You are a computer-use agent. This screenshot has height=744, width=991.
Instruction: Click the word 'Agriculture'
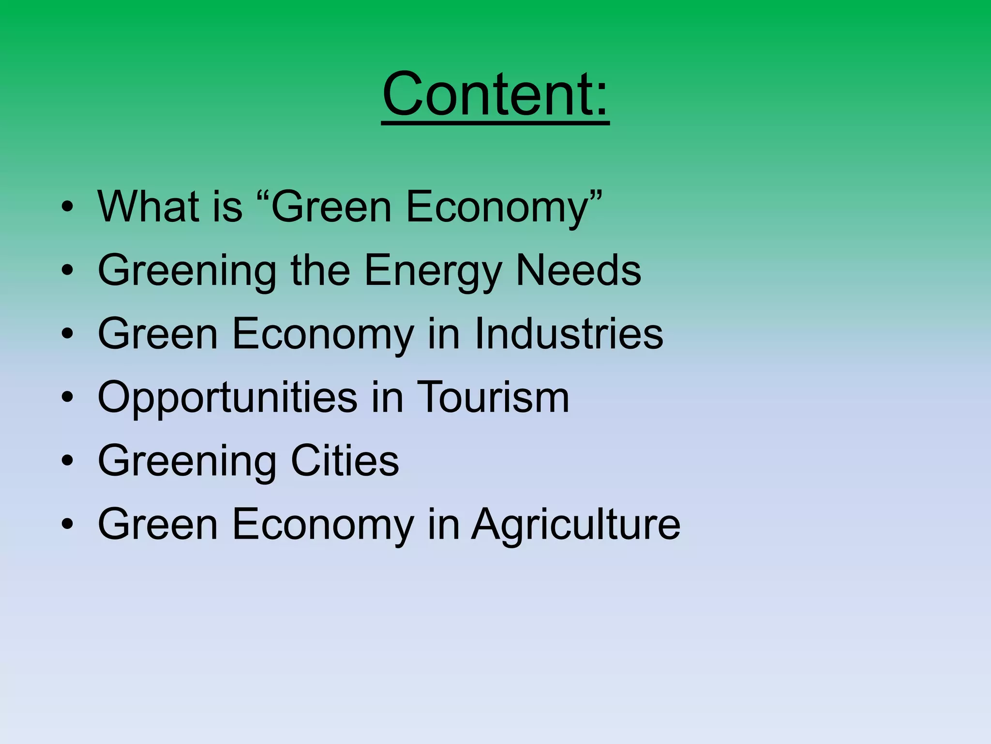(576, 525)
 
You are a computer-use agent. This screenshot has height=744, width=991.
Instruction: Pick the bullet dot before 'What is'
(68, 207)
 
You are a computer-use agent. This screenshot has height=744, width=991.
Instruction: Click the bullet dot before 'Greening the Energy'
(68, 271)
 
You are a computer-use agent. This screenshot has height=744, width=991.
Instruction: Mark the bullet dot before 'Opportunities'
(68, 398)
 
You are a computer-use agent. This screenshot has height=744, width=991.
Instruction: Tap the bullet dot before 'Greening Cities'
(68, 462)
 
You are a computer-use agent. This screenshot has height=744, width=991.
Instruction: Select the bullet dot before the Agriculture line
(68, 525)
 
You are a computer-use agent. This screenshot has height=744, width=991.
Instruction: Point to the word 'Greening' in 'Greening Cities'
(187, 462)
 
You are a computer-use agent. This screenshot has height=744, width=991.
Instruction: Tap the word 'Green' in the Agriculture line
(158, 525)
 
